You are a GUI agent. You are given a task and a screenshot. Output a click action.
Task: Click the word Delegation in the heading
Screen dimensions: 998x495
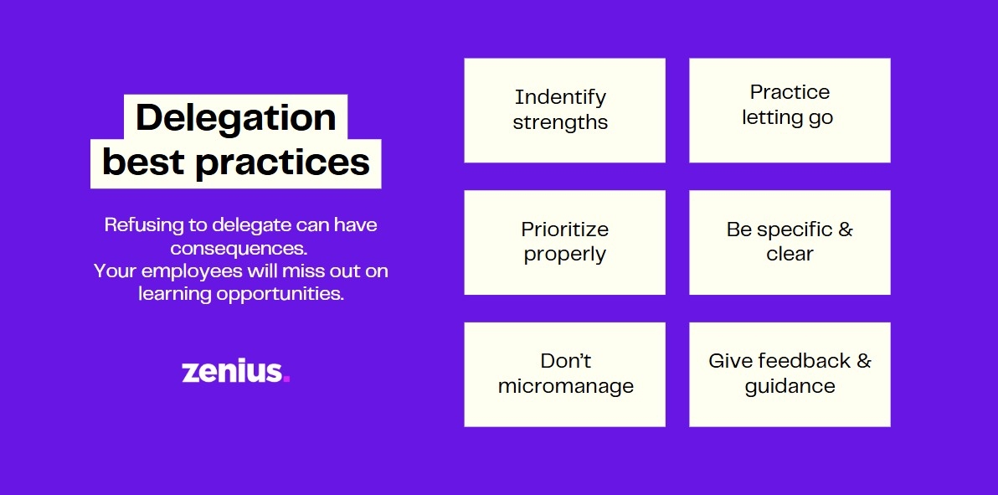tap(235, 118)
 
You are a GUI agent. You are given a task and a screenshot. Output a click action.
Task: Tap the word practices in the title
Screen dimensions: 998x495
tap(283, 162)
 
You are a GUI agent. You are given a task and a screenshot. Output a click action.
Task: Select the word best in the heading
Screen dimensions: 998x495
tap(145, 162)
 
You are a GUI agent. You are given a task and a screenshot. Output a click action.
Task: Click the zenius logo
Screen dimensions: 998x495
tap(236, 371)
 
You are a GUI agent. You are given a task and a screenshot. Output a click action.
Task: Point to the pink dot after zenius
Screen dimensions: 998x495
tap(286, 379)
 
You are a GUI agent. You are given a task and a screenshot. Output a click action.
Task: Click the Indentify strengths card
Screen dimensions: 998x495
tap(564, 111)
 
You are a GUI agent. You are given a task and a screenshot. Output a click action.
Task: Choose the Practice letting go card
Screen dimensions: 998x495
tap(790, 111)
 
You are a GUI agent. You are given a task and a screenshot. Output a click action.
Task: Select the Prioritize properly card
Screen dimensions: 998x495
tap(564, 242)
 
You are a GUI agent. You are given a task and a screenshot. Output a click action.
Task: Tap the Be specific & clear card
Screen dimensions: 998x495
tap(790, 242)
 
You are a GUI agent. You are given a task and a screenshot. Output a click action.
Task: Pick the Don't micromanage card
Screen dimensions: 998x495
tap(564, 374)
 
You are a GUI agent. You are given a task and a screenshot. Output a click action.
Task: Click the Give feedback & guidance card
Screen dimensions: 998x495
tap(790, 374)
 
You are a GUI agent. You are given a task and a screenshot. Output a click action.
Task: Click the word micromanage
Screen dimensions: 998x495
tap(566, 386)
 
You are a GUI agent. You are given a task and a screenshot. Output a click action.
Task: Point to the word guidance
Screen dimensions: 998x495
tap(790, 386)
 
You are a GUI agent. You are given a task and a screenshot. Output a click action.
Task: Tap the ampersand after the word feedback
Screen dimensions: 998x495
tap(864, 361)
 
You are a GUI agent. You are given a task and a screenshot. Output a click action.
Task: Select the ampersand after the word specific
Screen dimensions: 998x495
tap(846, 229)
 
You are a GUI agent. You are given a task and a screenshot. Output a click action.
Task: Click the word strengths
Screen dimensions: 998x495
tap(561, 122)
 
